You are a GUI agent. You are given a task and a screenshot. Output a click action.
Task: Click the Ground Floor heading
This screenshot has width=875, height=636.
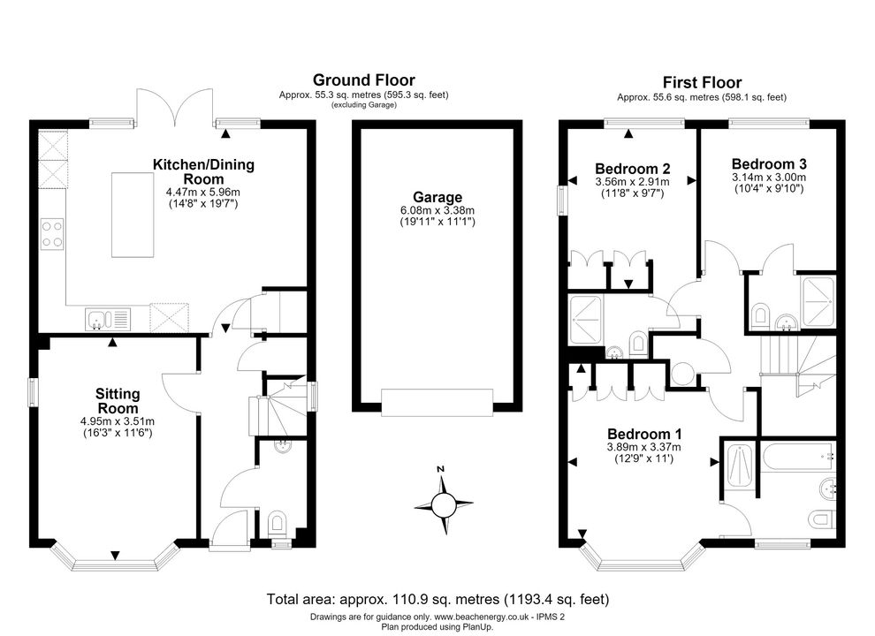363,79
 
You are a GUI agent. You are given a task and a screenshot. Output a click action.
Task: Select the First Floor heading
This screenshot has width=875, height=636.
702,82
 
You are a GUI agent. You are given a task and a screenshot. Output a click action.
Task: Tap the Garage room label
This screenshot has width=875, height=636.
437,197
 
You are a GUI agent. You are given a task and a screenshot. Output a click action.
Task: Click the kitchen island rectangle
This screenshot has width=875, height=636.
133,215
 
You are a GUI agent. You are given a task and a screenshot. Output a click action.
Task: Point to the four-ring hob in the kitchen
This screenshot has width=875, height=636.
52,234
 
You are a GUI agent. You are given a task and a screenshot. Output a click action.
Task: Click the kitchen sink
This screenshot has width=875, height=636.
108,320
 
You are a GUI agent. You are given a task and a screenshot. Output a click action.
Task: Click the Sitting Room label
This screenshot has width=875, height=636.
118,400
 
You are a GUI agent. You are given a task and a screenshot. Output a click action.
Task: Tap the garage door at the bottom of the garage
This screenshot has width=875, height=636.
437,402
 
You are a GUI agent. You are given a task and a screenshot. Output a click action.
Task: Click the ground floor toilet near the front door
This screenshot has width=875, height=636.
277,523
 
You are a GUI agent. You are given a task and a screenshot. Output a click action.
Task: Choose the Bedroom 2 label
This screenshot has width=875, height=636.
632,169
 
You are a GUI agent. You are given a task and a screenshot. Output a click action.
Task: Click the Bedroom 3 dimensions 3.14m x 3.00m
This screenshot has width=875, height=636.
769,178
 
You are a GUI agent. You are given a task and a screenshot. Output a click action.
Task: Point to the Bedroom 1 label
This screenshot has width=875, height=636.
644,434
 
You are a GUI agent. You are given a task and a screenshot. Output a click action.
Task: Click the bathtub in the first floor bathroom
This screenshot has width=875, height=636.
798,457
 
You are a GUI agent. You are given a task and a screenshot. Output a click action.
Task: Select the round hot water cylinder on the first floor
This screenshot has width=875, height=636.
682,374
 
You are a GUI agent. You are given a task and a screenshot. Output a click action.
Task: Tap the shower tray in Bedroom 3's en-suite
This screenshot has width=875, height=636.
818,302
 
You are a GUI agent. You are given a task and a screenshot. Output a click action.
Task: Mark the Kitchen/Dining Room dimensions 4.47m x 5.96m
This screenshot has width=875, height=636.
203,192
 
